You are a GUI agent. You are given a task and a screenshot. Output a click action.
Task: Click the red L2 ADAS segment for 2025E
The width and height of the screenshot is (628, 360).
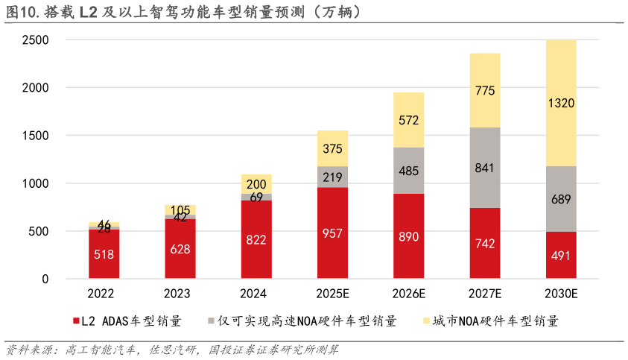(332, 233)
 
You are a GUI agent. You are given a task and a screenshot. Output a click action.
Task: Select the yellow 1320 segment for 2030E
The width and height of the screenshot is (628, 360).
(561, 103)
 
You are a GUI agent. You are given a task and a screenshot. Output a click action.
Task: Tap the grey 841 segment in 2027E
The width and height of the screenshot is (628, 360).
(485, 168)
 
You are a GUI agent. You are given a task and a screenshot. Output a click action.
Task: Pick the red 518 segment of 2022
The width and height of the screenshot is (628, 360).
(104, 254)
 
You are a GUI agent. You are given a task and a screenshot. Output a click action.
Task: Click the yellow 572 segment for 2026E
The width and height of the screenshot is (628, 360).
(409, 120)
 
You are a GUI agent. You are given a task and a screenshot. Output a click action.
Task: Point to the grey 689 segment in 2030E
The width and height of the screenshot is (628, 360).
(561, 199)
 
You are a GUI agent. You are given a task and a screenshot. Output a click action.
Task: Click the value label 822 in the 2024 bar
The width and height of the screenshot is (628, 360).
(256, 239)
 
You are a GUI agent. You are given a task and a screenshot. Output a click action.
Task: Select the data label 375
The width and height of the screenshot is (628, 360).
(332, 149)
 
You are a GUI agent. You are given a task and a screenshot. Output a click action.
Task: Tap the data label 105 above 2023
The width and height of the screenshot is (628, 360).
(180, 209)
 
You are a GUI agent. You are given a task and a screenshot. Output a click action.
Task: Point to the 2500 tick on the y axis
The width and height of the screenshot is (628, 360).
(35, 40)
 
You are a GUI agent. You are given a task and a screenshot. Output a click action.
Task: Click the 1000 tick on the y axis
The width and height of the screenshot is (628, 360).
(35, 183)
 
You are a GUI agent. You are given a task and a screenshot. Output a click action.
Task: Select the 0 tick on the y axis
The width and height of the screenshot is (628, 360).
(45, 280)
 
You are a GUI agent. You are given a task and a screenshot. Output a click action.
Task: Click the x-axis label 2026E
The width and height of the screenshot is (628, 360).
(409, 294)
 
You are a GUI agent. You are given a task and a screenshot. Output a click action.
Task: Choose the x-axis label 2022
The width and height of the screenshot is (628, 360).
(104, 294)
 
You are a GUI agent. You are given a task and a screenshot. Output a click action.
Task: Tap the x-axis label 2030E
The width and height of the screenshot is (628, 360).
(561, 294)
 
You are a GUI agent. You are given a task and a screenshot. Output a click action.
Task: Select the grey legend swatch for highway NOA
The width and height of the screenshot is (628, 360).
(212, 322)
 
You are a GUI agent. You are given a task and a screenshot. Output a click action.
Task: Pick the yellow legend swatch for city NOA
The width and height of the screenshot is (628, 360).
(426, 322)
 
